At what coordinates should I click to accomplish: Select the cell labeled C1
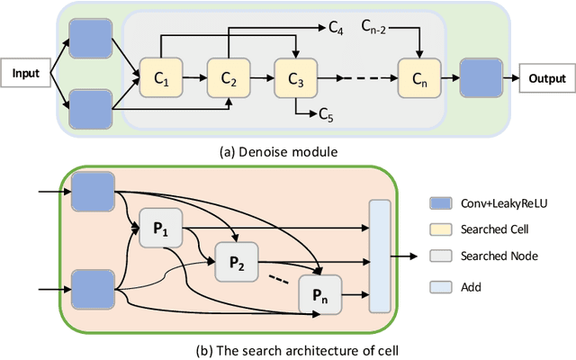coord(160,79)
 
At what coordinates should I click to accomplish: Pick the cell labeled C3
coord(295,79)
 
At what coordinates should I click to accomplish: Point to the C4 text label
coord(335,31)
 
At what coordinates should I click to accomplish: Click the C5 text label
coord(327,114)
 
